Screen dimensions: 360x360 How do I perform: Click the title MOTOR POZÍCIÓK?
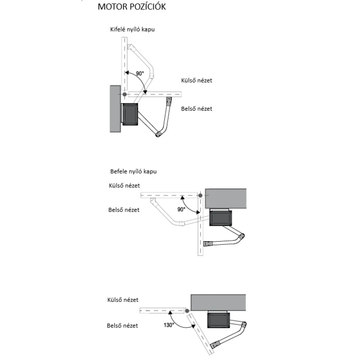tap(131, 6)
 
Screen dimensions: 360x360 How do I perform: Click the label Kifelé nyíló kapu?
tap(132, 29)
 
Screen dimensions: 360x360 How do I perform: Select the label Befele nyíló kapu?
tap(133, 171)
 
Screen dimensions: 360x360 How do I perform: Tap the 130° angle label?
tap(169, 325)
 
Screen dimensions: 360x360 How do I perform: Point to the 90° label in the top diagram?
tap(140, 73)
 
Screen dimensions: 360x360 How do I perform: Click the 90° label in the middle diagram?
tap(181, 209)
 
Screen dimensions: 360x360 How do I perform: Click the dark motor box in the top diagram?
tap(130, 114)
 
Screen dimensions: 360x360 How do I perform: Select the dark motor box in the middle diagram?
tap(220, 218)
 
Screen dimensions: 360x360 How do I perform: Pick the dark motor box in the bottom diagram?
tap(219, 320)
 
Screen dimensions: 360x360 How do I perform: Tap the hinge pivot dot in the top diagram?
tap(125, 94)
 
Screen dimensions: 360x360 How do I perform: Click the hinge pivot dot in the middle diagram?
tap(200, 195)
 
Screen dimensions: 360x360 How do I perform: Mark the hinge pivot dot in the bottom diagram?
tap(187, 311)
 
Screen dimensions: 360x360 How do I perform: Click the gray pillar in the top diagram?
tap(116, 109)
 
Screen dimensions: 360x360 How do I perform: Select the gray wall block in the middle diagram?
tap(226, 198)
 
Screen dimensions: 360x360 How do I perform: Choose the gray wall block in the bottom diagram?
tap(218, 302)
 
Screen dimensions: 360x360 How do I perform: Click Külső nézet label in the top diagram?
tap(197, 81)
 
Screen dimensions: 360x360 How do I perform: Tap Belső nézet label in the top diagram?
tap(197, 108)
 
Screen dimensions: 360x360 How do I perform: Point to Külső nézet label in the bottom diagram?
tap(123, 300)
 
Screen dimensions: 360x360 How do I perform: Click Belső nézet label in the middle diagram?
tap(124, 210)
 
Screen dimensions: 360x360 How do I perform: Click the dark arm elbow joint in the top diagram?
tap(158, 134)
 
